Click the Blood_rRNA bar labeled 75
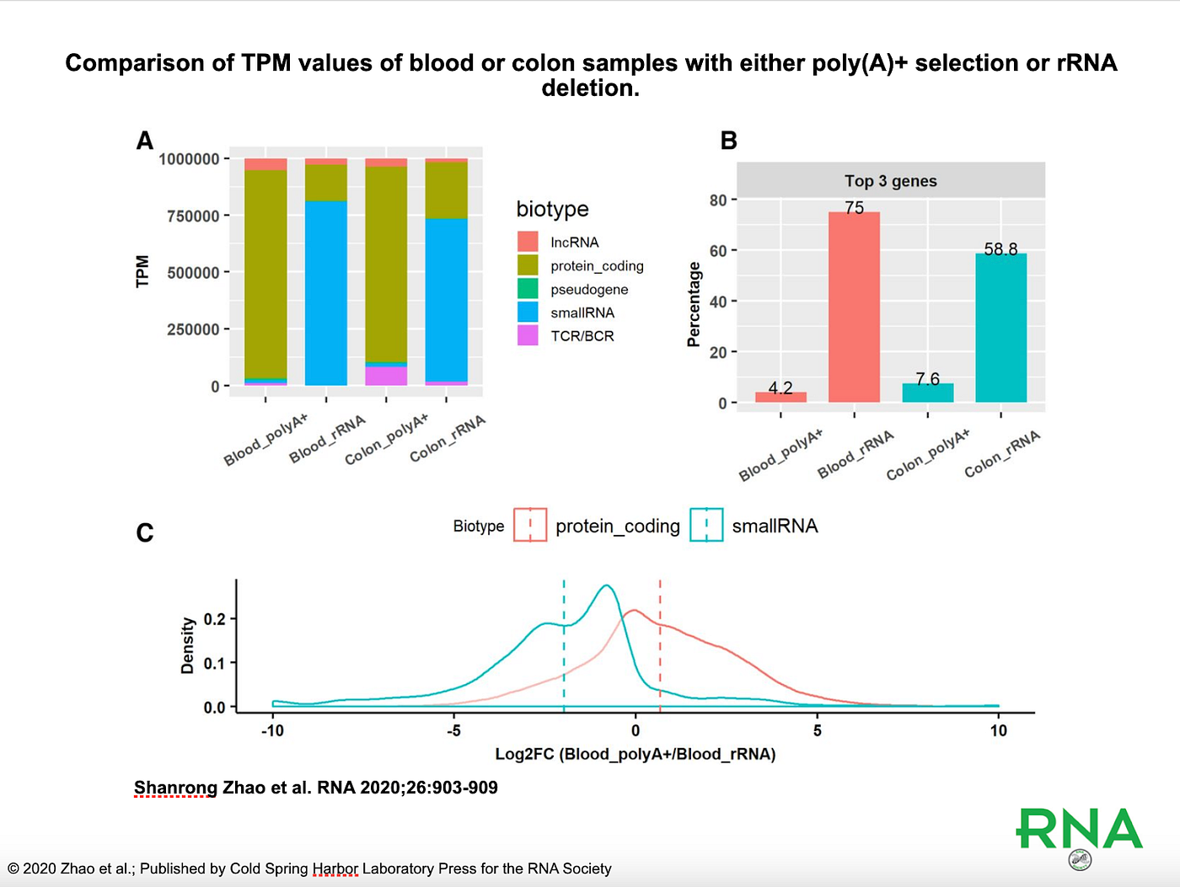click(854, 307)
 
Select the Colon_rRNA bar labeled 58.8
click(1000, 328)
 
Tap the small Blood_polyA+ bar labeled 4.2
click(780, 397)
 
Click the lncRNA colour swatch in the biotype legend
click(528, 242)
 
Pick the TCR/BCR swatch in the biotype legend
click(528, 335)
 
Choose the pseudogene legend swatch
click(528, 289)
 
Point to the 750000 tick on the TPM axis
click(193, 216)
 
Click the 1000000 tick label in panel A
click(189, 159)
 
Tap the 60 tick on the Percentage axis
click(718, 251)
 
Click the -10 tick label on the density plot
click(272, 730)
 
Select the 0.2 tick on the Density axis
click(214, 619)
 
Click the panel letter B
click(729, 141)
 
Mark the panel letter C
click(145, 533)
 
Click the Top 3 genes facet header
click(891, 181)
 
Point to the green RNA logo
click(1080, 830)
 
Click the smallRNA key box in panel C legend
click(706, 525)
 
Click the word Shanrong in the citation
click(175, 788)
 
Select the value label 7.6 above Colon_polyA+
click(927, 379)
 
